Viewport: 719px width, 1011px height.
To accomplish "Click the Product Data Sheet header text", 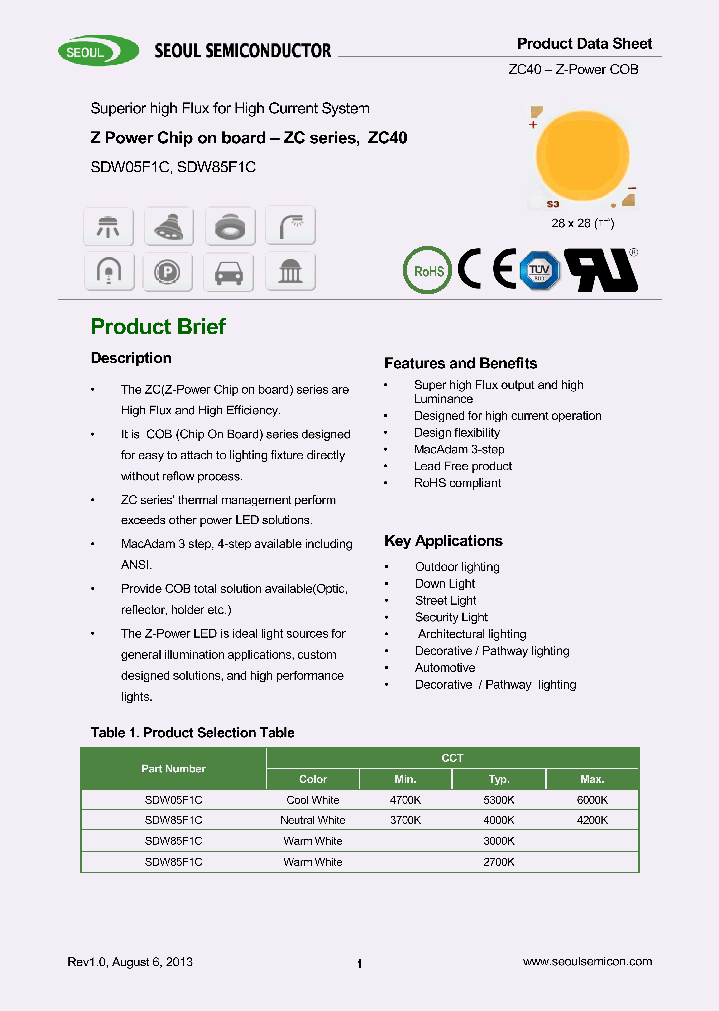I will pos(584,43).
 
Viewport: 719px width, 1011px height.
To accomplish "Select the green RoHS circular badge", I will pos(427,270).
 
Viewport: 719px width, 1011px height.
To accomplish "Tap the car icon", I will pos(229,271).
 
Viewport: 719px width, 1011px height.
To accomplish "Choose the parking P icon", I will pos(168,271).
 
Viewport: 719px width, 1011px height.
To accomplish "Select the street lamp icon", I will pos(290,225).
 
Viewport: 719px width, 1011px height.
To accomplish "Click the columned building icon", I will pos(290,271).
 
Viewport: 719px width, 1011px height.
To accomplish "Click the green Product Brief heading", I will pos(158,327).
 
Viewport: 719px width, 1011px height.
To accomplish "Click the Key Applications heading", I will pos(443,541).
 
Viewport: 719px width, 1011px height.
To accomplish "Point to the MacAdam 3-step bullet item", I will pos(459,450).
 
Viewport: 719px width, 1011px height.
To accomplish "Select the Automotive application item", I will pos(445,668).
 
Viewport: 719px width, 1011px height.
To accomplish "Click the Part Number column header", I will pos(173,769).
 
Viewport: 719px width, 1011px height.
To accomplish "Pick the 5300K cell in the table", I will pos(499,800).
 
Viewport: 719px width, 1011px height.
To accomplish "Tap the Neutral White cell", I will pos(313,820).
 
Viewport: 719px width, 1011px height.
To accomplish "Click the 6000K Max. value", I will pos(592,800).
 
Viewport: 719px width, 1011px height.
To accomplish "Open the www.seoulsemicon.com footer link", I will pos(587,961).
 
